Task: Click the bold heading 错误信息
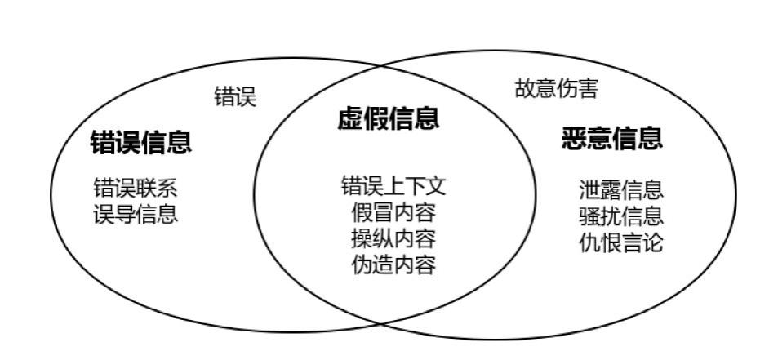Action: pos(140,144)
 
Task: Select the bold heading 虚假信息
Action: pos(388,119)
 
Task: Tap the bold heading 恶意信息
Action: pos(611,139)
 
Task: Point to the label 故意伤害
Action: pos(556,89)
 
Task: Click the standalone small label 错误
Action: pos(235,97)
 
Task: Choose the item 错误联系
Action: pos(135,189)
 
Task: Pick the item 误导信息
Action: pos(135,215)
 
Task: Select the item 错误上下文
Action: pos(393,186)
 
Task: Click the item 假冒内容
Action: pos(393,213)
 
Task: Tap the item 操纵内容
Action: pos(393,239)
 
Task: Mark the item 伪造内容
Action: pos(393,265)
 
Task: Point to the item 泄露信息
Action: pos(620,191)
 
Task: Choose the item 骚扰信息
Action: pos(620,216)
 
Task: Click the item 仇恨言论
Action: pos(620,242)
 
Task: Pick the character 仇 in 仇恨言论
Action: pos(589,242)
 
